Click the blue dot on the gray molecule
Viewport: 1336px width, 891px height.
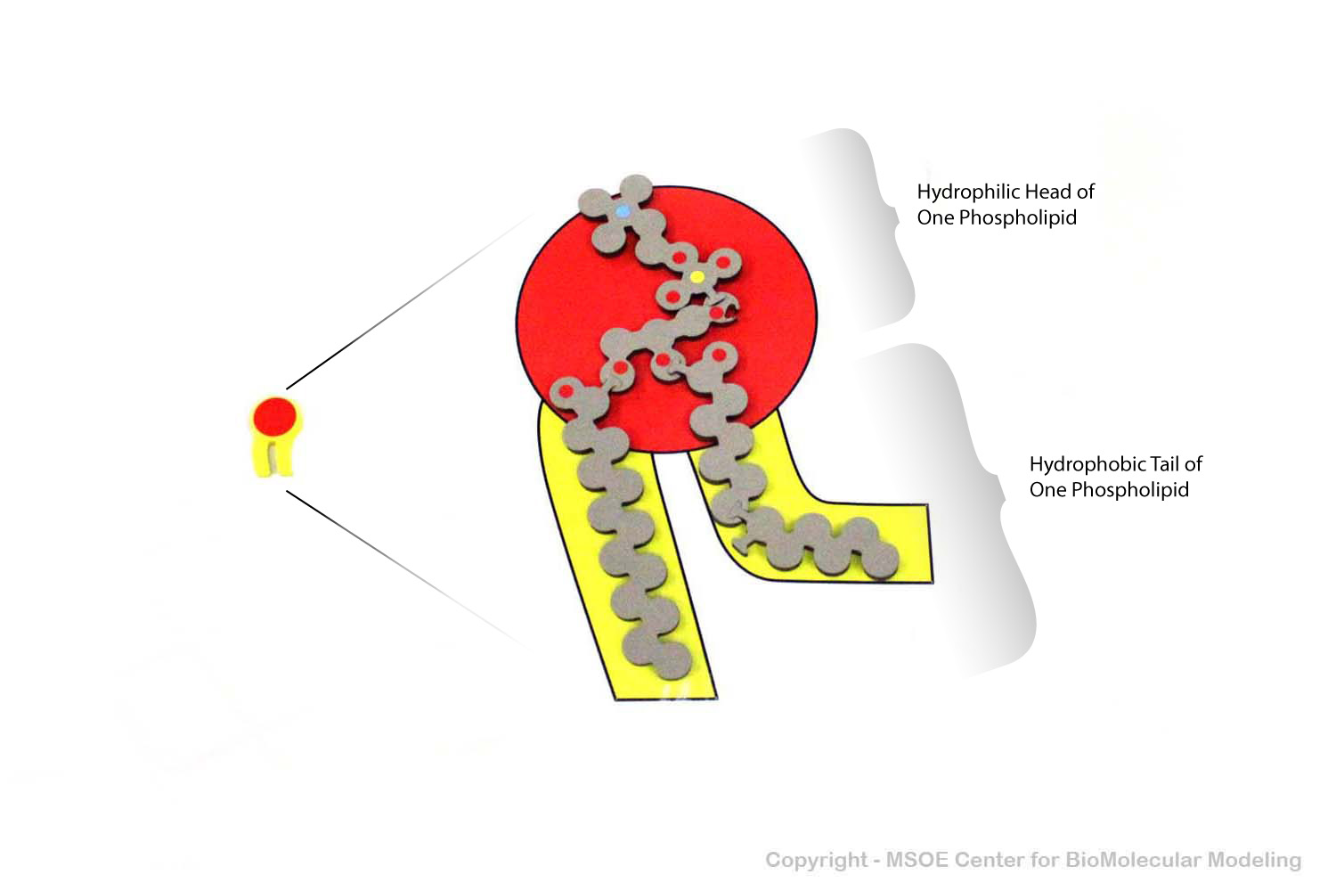(x=622, y=210)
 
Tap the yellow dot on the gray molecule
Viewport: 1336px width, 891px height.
(x=697, y=277)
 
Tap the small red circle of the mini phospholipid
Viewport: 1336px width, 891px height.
(x=275, y=415)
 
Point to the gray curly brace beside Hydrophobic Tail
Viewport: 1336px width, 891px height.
(x=960, y=507)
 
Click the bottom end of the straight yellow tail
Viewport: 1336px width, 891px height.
(x=666, y=699)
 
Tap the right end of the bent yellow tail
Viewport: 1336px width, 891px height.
(x=930, y=544)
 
